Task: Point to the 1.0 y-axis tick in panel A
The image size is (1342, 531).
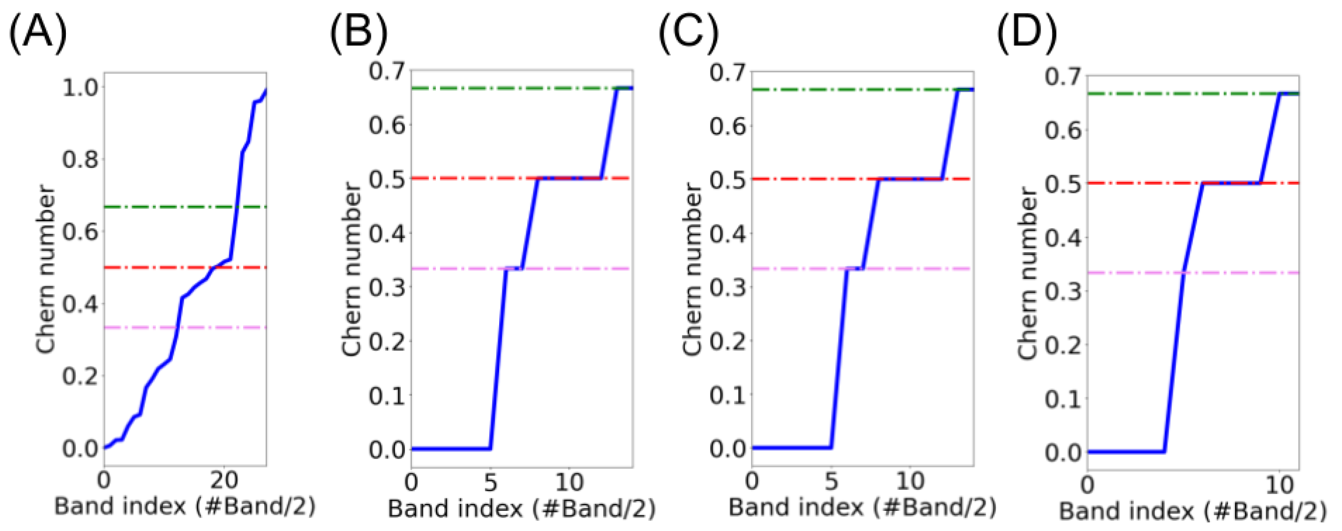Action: tap(80, 88)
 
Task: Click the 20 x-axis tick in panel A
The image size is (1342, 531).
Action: tap(224, 480)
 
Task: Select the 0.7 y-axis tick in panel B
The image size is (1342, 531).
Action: tap(386, 71)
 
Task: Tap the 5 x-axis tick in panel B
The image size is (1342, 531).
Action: tap(490, 483)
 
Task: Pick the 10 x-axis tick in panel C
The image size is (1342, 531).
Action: tap(910, 482)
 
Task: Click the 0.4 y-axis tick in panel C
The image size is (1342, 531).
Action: tap(727, 234)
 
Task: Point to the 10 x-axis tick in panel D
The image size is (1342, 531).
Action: tap(1280, 485)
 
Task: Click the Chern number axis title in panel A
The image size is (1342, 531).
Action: tap(46, 270)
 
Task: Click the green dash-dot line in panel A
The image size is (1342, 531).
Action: tap(156, 207)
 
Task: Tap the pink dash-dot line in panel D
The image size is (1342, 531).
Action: tap(1250, 272)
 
